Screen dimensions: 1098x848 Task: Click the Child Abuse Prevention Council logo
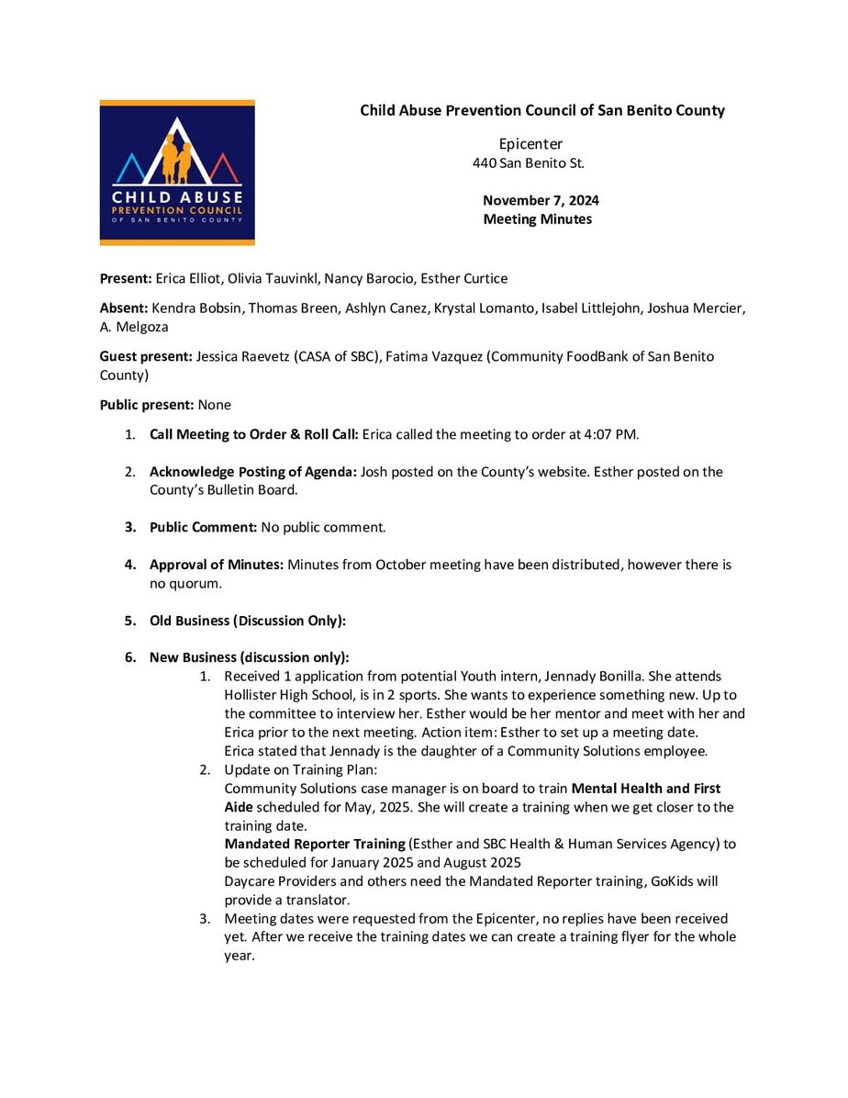pos(177,173)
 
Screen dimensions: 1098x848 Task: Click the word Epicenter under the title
pos(530,144)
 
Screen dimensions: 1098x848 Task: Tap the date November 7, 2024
pos(541,200)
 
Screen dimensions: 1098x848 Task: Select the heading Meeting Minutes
pos(537,219)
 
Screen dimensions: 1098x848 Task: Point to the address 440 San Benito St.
pos(528,163)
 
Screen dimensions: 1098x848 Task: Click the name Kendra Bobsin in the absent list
pos(189,308)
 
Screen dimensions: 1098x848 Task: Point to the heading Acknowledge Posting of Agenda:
pos(253,472)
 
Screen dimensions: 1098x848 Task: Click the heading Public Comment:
pos(203,528)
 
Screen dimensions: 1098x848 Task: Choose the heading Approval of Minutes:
pos(217,565)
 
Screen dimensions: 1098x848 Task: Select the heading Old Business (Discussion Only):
pos(248,621)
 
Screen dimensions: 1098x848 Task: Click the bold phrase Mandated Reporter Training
pos(315,844)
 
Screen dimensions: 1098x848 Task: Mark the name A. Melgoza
pos(134,327)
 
